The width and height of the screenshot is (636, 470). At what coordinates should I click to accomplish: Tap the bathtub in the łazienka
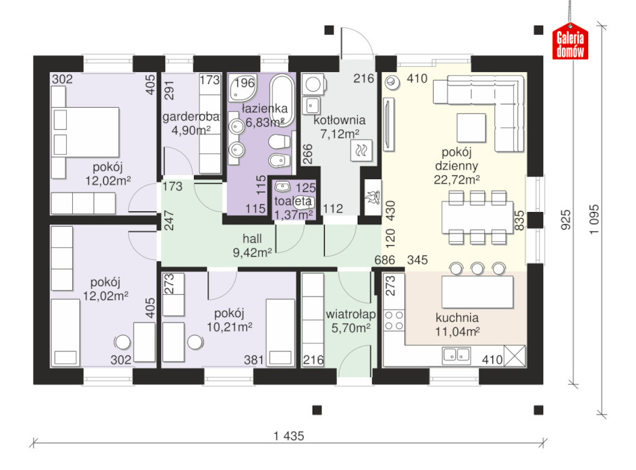282,100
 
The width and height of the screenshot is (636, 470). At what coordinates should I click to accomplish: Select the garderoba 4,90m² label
191,123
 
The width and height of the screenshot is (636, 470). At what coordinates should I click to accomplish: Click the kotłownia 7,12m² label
340,127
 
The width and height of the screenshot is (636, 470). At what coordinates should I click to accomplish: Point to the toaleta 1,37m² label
293,207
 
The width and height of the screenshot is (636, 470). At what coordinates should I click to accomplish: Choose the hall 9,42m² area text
252,245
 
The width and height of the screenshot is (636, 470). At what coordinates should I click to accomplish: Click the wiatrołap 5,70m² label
351,321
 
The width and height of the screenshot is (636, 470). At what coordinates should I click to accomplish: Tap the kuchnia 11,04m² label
457,325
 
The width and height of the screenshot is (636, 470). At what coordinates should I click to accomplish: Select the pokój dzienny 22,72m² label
456,166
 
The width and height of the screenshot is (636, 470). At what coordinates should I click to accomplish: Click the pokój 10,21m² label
230,320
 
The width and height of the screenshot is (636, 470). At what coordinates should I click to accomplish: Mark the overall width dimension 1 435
289,436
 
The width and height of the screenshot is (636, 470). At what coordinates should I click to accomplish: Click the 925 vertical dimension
565,220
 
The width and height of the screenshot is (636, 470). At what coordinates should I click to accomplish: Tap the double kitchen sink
456,356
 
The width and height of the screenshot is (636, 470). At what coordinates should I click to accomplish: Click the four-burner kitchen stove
394,320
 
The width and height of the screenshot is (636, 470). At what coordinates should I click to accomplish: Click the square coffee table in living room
471,127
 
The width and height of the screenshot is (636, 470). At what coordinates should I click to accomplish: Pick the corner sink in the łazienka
241,88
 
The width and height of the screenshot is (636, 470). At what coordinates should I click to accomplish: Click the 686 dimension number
385,259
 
